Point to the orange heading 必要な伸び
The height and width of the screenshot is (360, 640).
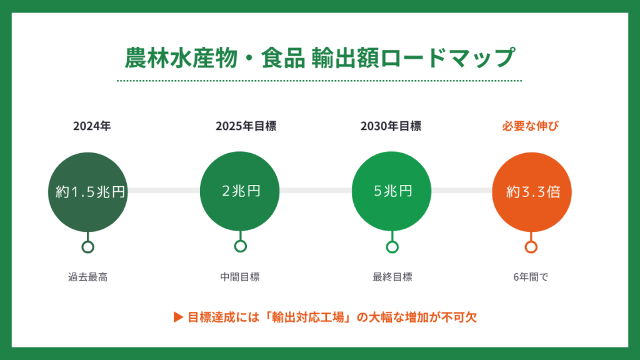(531, 126)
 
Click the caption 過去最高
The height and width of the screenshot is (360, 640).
(88, 277)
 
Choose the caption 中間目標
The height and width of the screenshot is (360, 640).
(240, 277)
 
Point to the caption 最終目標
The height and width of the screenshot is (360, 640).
(392, 277)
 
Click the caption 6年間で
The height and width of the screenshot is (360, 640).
(531, 277)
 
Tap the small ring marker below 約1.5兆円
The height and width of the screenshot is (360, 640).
(88, 247)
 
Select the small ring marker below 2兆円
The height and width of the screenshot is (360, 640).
(241, 247)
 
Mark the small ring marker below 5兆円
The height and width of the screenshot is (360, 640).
(392, 247)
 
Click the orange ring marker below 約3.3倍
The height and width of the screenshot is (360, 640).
(531, 247)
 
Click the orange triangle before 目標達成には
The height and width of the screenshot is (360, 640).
(177, 317)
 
